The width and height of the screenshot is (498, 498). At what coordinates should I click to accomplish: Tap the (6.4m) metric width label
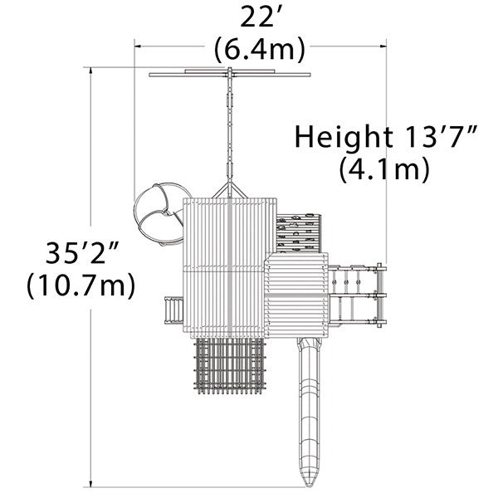259,50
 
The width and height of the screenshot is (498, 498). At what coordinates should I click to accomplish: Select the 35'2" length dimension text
82,252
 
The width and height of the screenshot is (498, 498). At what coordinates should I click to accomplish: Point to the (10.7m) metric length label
81,286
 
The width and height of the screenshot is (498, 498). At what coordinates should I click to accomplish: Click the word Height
344,137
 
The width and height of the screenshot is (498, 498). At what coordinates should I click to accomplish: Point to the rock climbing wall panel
299,233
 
